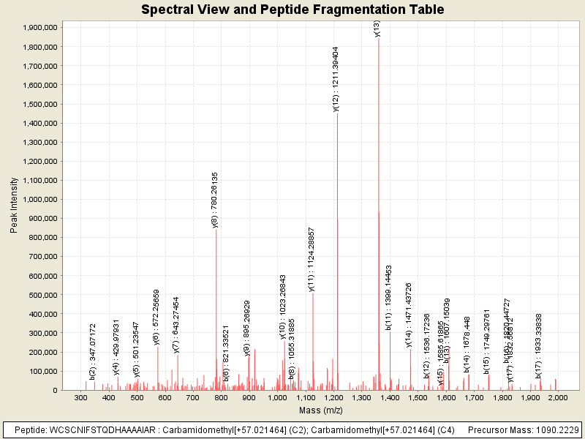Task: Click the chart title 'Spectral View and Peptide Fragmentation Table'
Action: click(x=292, y=10)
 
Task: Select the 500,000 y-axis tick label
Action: click(x=41, y=295)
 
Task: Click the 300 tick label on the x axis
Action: click(x=80, y=397)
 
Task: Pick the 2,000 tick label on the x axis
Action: click(x=558, y=397)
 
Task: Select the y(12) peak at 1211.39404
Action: click(x=337, y=219)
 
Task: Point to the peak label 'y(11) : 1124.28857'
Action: click(x=312, y=259)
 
